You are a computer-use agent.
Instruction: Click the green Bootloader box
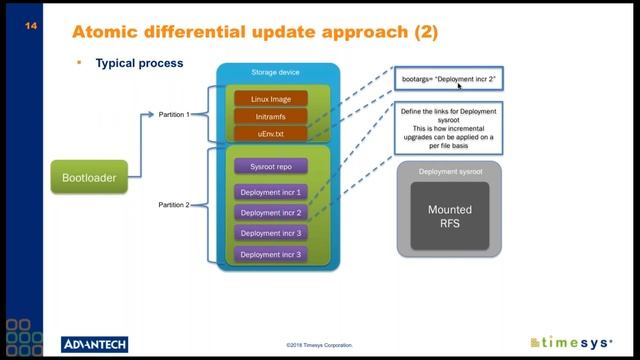[x=90, y=179]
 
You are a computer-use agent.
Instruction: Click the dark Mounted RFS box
[x=449, y=216]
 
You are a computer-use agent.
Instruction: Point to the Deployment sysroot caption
[x=449, y=171]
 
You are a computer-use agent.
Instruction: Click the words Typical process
[x=139, y=63]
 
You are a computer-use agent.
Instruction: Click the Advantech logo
[x=95, y=344]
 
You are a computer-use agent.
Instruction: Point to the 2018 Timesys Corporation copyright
[x=319, y=346]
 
